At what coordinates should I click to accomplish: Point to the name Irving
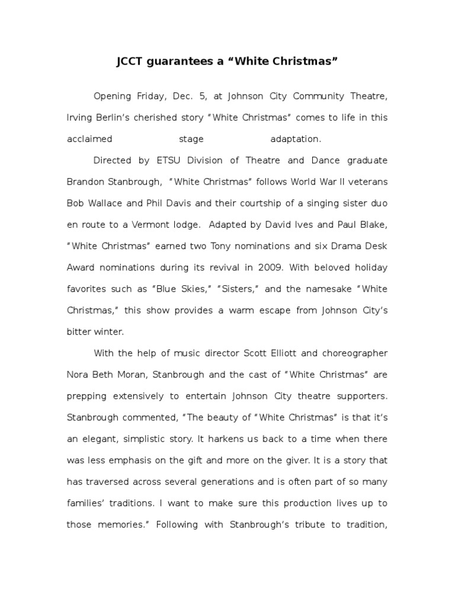click(x=80, y=118)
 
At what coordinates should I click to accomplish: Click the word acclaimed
click(x=89, y=139)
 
